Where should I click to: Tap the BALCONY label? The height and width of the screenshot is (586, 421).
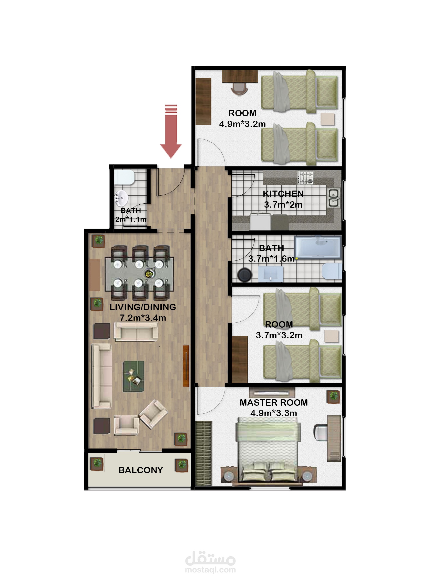click(x=141, y=470)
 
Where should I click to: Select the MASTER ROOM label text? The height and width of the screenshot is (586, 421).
click(x=274, y=403)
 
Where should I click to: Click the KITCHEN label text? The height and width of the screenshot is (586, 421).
click(x=283, y=194)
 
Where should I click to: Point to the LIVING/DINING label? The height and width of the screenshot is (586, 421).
click(x=143, y=307)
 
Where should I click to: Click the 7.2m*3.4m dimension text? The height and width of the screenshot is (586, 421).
click(x=143, y=318)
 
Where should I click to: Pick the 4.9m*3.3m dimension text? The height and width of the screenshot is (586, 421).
click(x=274, y=413)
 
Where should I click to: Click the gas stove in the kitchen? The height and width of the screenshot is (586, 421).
click(x=305, y=178)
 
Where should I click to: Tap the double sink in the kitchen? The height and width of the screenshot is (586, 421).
click(x=334, y=198)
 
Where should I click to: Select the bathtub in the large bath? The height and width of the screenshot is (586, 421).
click(x=318, y=247)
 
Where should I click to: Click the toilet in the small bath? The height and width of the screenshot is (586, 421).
click(x=124, y=177)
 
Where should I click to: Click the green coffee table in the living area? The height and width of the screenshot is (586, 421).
click(x=133, y=376)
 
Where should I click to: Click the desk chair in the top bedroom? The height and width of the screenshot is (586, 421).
click(x=239, y=89)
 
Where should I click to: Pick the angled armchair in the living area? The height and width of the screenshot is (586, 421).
click(x=153, y=414)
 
